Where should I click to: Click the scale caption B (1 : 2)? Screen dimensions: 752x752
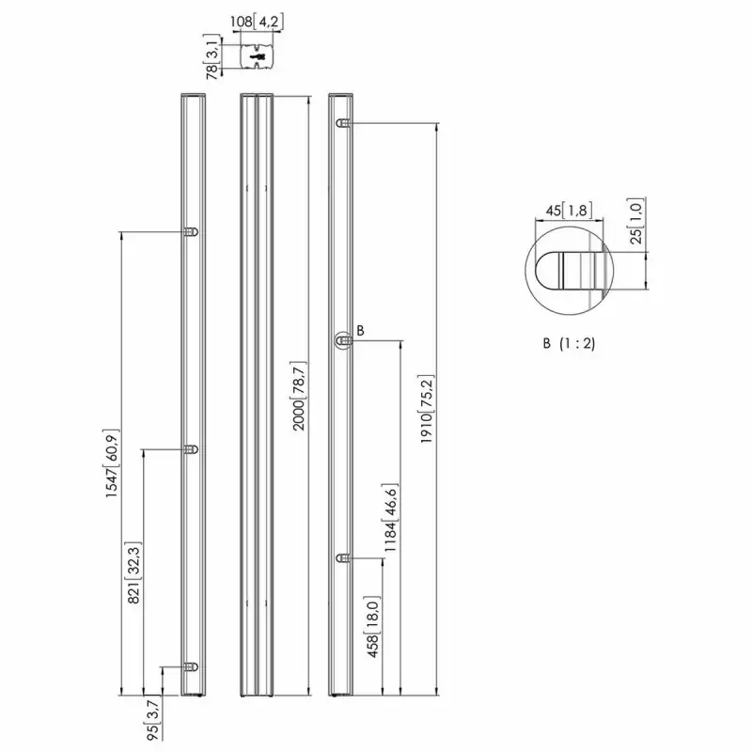click(x=569, y=343)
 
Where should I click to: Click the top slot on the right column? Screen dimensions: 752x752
click(x=345, y=124)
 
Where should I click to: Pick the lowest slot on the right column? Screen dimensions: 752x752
click(x=345, y=559)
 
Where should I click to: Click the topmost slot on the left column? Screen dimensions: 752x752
click(x=192, y=231)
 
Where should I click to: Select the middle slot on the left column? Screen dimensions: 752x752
click(x=192, y=450)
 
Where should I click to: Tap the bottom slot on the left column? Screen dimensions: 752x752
click(x=192, y=666)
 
